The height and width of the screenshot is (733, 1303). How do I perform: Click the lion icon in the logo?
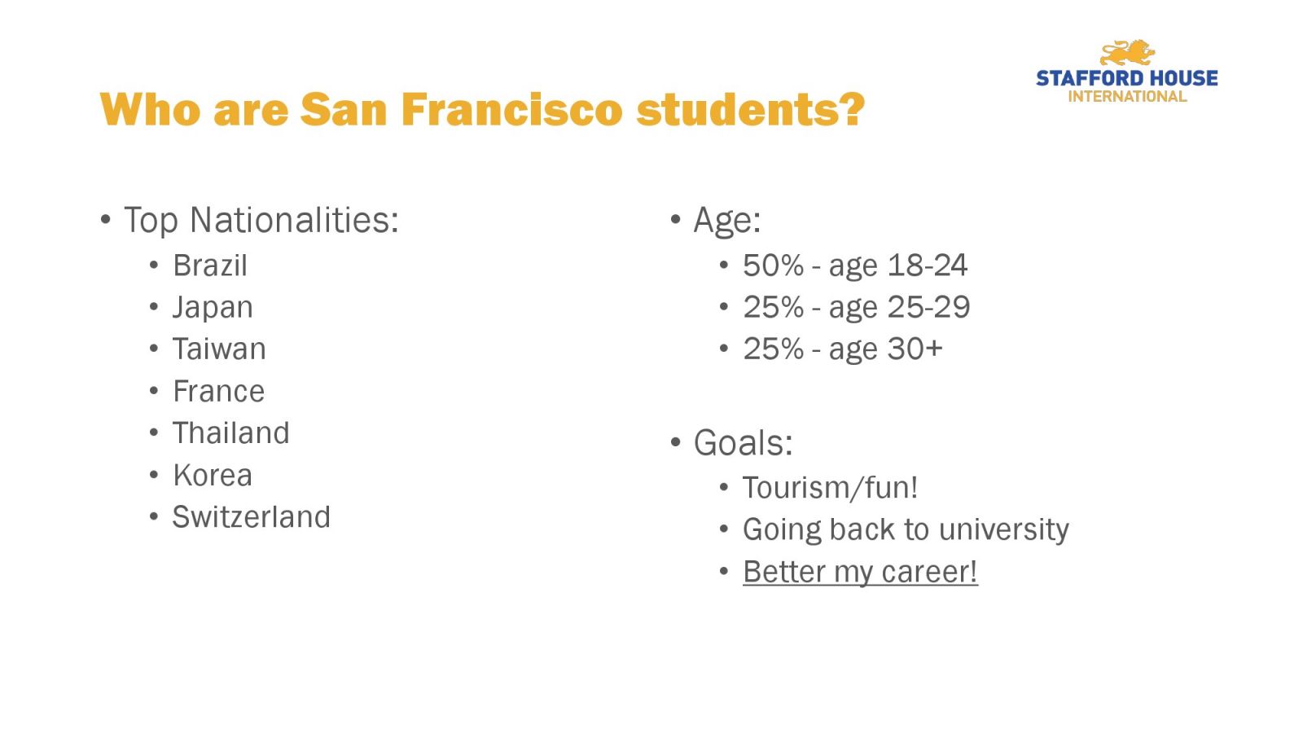tap(1127, 53)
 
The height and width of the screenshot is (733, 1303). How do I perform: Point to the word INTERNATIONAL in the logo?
tap(1127, 97)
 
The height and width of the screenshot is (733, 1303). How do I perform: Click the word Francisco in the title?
tap(512, 109)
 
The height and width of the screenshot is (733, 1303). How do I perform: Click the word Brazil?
tap(210, 266)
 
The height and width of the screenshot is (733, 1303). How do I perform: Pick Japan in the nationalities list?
tap(213, 309)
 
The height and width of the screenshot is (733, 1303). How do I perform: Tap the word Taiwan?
tap(219, 349)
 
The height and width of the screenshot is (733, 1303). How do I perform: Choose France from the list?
tap(219, 391)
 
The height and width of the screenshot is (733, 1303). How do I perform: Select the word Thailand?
tap(231, 432)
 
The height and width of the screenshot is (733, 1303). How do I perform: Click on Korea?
tap(213, 476)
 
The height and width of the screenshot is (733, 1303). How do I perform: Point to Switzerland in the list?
tap(252, 517)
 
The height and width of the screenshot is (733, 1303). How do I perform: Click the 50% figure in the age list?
tap(773, 266)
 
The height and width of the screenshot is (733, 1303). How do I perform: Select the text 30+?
tap(915, 349)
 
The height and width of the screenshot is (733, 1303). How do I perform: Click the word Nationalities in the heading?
tap(294, 221)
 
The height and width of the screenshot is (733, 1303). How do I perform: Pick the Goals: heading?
tap(744, 443)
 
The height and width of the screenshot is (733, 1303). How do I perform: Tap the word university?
tap(1004, 530)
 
